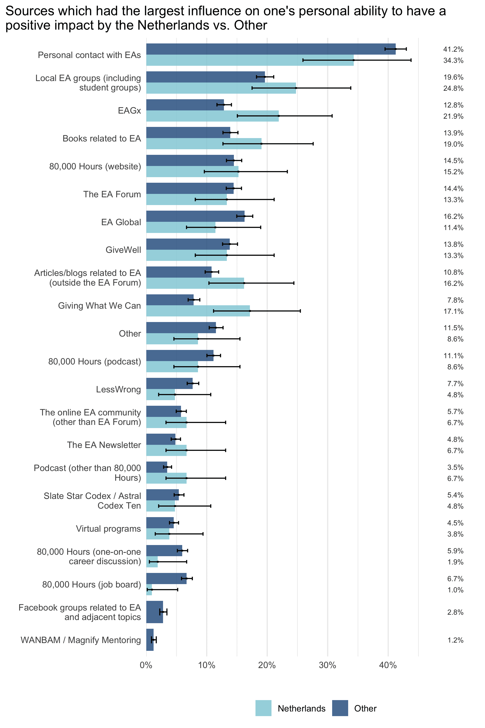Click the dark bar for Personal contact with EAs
(271, 49)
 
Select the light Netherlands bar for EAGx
(212, 116)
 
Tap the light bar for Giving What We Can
(198, 311)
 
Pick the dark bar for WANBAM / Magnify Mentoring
(150, 640)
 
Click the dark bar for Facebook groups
(154, 612)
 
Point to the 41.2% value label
(453, 49)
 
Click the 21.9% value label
(453, 116)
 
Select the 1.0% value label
(455, 590)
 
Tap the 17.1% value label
(453, 311)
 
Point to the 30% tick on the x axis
(327, 665)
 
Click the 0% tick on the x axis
(146, 665)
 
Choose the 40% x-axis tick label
(388, 665)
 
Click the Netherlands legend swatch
(263, 708)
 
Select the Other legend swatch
(340, 708)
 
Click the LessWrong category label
(118, 389)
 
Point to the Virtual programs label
(108, 529)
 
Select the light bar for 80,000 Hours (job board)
(149, 590)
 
